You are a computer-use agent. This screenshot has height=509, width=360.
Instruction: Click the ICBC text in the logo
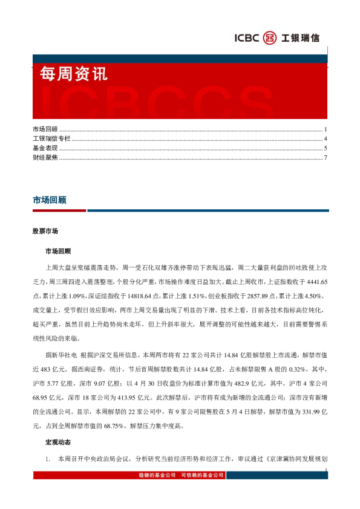coord(246,38)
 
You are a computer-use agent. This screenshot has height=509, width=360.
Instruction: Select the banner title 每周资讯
coord(73,74)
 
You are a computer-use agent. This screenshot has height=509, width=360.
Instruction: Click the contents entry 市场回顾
coord(45,130)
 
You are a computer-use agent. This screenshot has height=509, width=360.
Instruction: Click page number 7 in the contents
coord(325,158)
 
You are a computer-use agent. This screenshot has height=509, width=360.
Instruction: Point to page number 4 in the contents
coord(325,139)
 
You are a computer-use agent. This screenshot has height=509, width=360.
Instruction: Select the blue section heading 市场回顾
coord(50,199)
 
